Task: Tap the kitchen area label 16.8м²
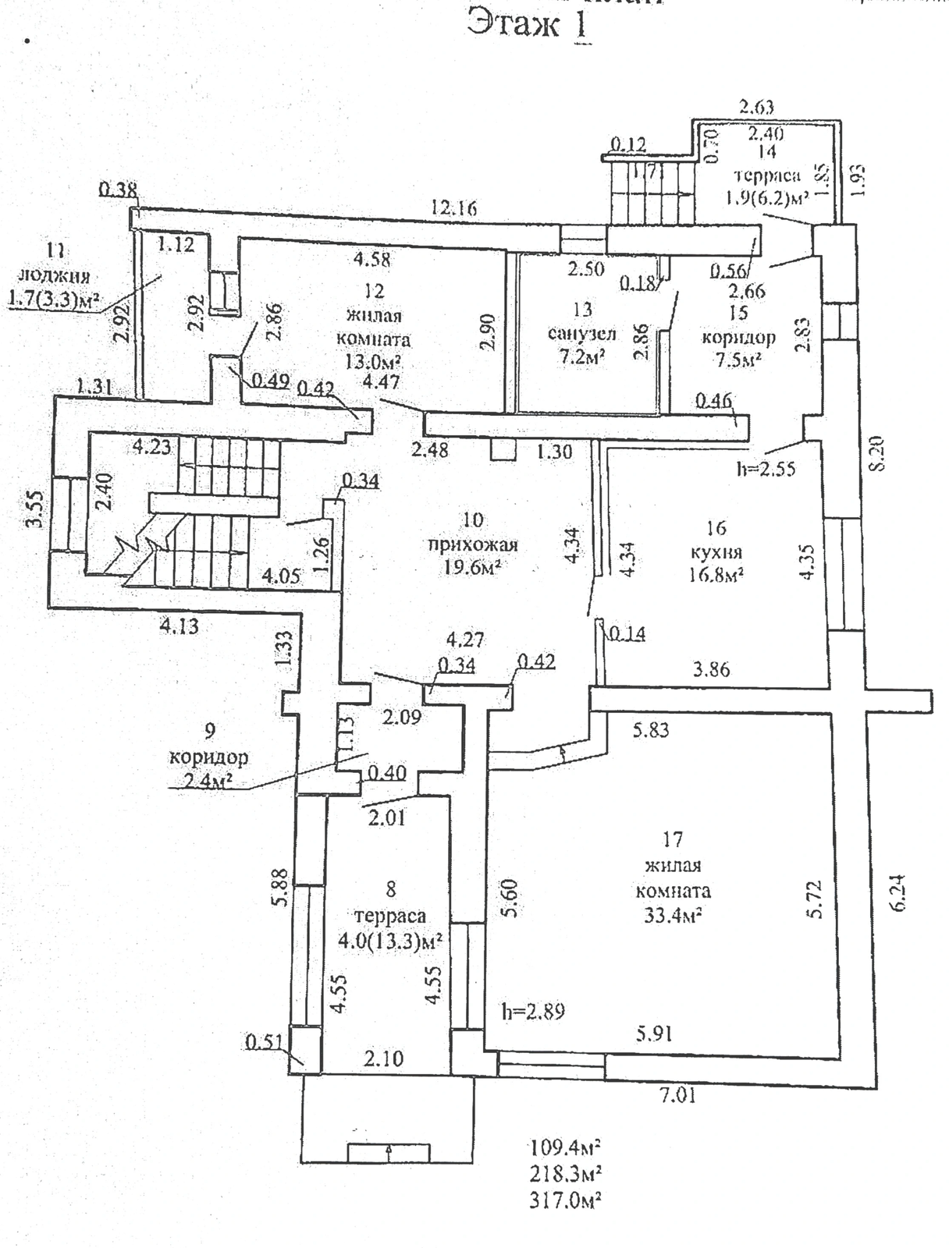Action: [715, 576]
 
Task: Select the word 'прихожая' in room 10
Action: [473, 544]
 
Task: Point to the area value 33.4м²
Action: [672, 914]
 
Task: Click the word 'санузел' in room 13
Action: [582, 334]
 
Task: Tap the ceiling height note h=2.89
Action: [533, 1012]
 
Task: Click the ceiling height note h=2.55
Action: [766, 469]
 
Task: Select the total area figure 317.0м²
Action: [564, 1199]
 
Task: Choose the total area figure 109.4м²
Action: [564, 1147]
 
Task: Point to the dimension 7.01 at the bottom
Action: [677, 1095]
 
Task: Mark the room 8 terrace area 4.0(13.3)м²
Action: [390, 941]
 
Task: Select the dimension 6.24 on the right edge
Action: [898, 892]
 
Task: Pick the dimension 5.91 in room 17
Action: [653, 1033]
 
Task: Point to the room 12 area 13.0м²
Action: [373, 363]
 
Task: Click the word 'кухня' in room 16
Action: [716, 552]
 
